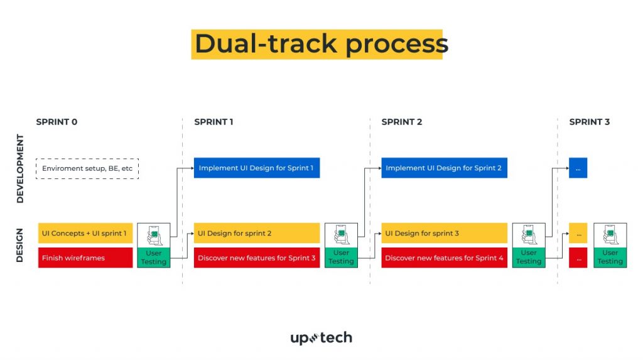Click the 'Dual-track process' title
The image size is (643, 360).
[x=321, y=44]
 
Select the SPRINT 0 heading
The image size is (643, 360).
[x=57, y=122]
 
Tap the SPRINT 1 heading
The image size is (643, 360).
[x=213, y=122]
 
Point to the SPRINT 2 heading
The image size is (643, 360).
[x=401, y=122]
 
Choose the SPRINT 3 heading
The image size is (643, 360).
[x=589, y=122]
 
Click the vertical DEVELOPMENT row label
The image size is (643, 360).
[x=20, y=168]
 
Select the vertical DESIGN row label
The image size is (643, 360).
[x=19, y=246]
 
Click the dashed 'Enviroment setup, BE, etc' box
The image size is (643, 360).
[x=87, y=168]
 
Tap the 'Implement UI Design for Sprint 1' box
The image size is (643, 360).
[x=257, y=168]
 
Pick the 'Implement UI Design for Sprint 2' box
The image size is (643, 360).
[x=444, y=168]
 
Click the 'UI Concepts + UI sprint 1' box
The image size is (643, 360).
[x=85, y=233]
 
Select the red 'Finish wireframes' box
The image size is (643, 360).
[x=85, y=258]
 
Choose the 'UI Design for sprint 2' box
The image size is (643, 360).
[x=257, y=233]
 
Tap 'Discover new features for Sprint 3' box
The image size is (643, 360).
[x=257, y=258]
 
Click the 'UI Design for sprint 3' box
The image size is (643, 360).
[x=444, y=233]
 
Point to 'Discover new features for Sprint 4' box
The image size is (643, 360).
[x=444, y=258]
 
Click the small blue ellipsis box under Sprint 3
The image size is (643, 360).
[x=578, y=168]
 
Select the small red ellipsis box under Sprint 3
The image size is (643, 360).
[x=578, y=258]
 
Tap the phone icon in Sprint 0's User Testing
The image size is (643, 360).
[x=154, y=236]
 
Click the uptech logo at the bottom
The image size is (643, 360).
[x=321, y=338]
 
